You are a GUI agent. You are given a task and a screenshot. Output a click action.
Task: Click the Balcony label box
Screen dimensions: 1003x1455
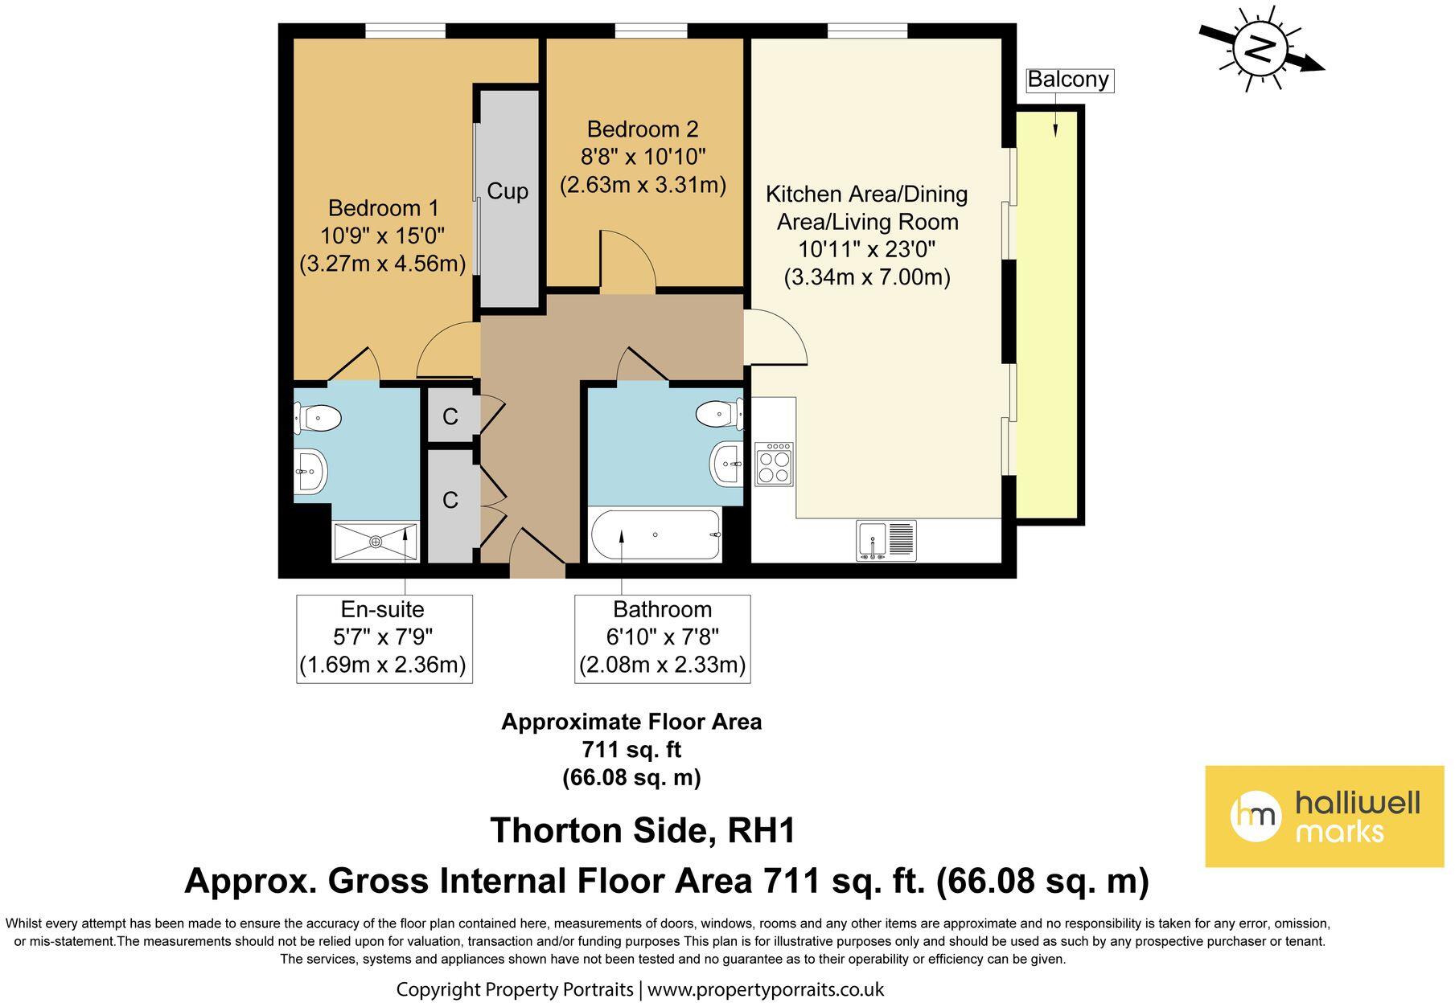tap(1068, 80)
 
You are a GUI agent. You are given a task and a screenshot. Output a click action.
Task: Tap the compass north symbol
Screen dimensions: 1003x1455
tap(1260, 49)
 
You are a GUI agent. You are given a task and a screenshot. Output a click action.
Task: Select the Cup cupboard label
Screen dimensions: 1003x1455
tap(508, 191)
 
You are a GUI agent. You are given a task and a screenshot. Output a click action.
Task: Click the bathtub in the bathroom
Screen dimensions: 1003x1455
tap(656, 535)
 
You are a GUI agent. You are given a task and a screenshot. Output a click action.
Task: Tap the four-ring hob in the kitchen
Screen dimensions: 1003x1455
tap(774, 464)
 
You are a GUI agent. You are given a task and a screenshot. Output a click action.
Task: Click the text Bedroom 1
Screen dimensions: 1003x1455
tap(383, 208)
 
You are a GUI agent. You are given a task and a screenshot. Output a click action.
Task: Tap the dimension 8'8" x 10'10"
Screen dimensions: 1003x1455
tap(643, 157)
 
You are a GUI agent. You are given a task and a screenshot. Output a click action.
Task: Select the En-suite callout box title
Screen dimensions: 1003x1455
tap(383, 609)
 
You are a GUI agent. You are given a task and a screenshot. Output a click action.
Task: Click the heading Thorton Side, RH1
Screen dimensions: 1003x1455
tap(643, 831)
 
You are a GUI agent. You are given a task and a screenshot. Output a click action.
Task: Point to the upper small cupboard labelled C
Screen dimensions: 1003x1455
tap(450, 416)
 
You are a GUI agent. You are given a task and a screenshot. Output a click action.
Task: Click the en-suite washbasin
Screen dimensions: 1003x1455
tap(310, 471)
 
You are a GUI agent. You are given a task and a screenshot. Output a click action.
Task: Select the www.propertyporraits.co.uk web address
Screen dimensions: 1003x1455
tap(766, 989)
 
